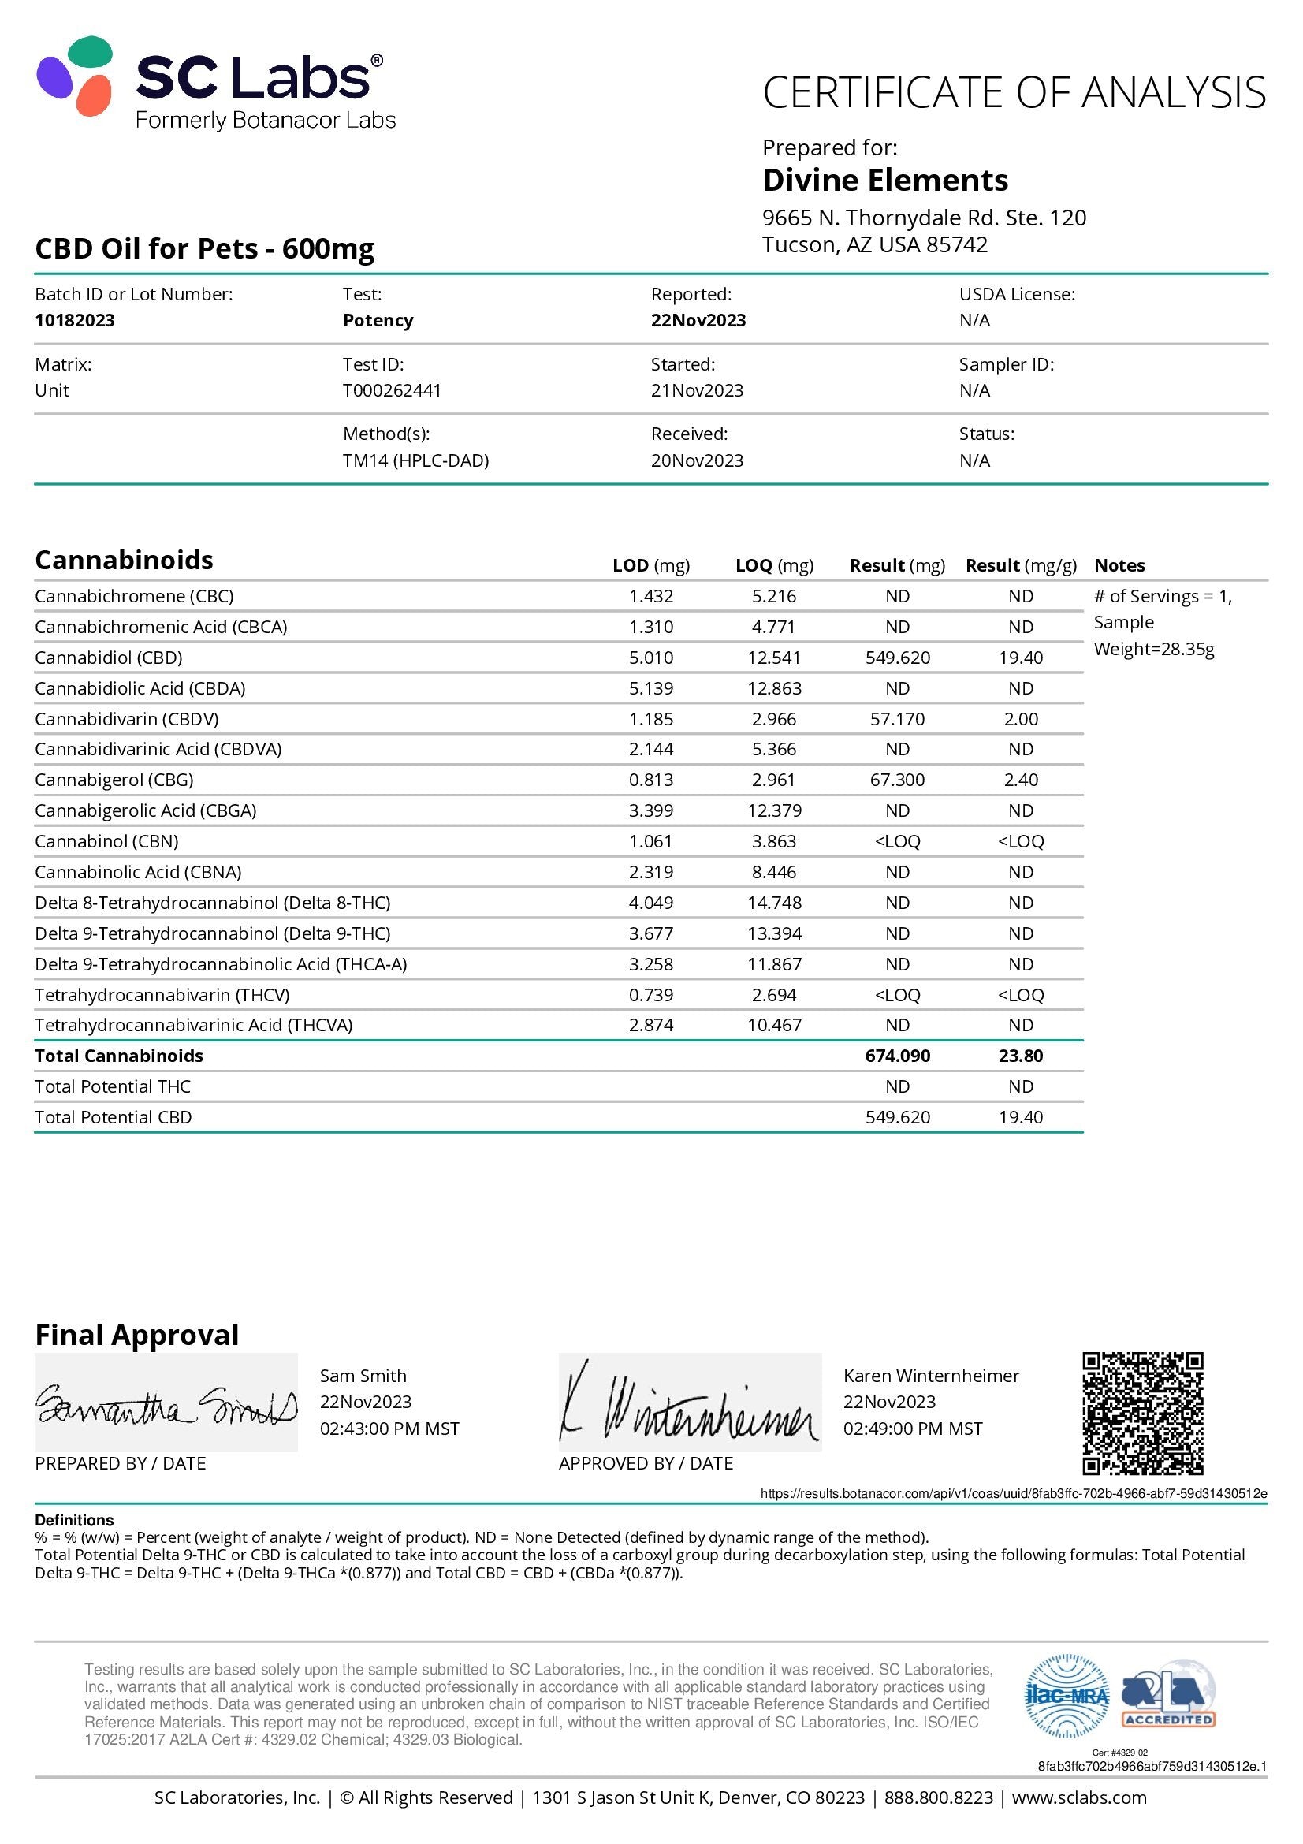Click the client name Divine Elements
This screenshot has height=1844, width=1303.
(x=884, y=180)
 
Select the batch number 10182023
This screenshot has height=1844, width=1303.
(x=75, y=319)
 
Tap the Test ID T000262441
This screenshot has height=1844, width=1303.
(x=392, y=390)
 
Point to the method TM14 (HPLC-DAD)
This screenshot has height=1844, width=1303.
(x=416, y=460)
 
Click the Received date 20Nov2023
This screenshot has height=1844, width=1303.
(x=697, y=460)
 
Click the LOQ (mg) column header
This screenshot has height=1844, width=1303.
(x=774, y=565)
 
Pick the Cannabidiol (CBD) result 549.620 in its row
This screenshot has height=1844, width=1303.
(x=898, y=658)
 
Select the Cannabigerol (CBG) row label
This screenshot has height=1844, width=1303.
(x=114, y=780)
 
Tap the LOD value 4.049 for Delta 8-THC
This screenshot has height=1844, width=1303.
(x=651, y=903)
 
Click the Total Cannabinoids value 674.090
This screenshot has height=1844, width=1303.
(x=898, y=1056)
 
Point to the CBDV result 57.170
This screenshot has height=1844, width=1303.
(x=898, y=719)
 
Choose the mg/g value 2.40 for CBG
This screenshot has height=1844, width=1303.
(x=1020, y=780)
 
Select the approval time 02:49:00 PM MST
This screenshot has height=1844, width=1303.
(x=913, y=1429)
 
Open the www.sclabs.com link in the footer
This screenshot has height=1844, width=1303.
(x=1079, y=1797)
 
